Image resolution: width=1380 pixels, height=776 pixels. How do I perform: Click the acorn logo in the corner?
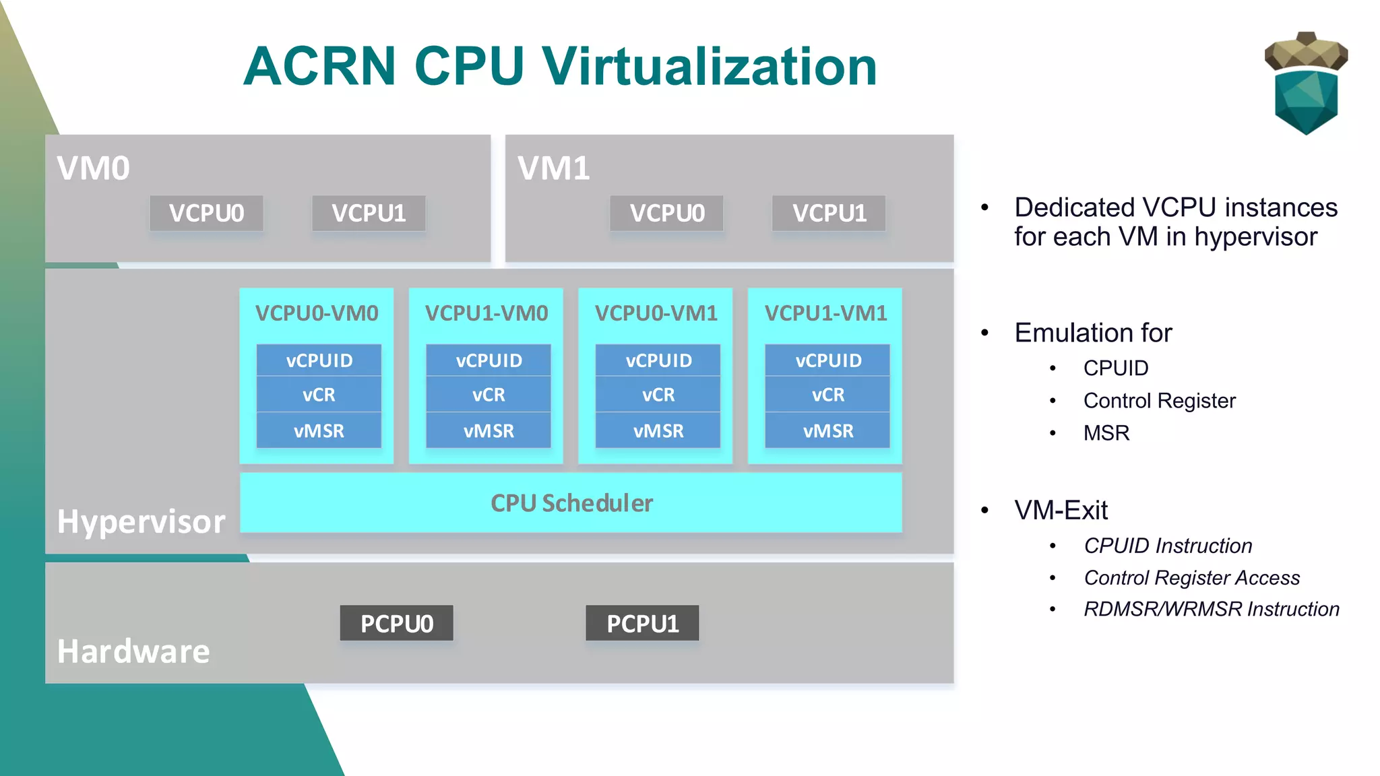(x=1306, y=83)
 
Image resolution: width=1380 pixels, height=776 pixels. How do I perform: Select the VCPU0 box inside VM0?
(x=206, y=214)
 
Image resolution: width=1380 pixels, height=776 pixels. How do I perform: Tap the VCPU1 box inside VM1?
(x=829, y=214)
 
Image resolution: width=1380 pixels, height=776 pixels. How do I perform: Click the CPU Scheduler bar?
(x=571, y=503)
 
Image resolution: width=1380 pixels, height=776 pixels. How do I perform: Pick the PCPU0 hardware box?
(x=396, y=624)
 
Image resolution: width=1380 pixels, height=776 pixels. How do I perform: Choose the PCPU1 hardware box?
(x=642, y=624)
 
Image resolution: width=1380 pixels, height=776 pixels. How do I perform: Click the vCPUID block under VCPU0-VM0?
(x=319, y=360)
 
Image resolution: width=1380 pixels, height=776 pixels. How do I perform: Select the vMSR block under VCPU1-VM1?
(x=827, y=430)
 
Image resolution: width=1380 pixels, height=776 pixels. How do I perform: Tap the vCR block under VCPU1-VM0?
(x=489, y=395)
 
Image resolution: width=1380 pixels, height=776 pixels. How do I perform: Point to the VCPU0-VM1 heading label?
(x=656, y=313)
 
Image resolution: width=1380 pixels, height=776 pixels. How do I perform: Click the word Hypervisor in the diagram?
(x=141, y=521)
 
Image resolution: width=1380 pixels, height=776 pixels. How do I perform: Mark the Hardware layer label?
(x=133, y=651)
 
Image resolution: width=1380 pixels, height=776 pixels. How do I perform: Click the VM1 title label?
(x=553, y=168)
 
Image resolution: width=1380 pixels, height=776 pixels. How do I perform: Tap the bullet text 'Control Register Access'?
(x=1191, y=578)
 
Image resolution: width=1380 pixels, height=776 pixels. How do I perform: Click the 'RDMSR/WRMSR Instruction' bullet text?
(x=1211, y=609)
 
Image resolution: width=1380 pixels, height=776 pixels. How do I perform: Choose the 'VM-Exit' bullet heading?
(x=1061, y=511)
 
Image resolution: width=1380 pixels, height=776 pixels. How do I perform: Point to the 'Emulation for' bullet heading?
(x=1093, y=333)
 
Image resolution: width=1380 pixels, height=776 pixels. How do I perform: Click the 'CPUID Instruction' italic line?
(x=1168, y=546)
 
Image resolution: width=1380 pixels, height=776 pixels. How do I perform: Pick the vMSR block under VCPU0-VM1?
(x=658, y=430)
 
